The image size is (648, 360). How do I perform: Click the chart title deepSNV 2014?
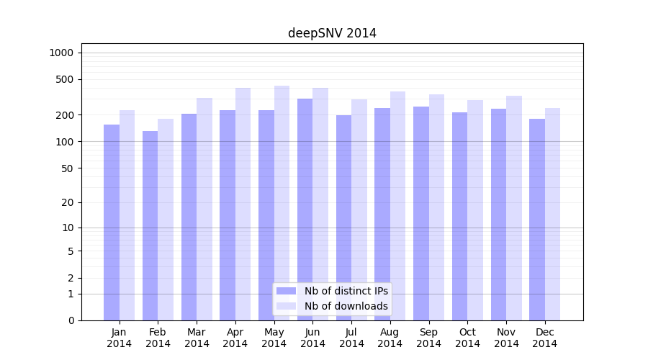pos(332,33)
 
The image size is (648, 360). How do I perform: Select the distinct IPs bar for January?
pos(112,222)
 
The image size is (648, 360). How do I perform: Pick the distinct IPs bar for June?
pos(305,210)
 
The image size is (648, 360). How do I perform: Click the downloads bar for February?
pos(166,220)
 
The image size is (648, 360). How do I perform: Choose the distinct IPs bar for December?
pos(537,220)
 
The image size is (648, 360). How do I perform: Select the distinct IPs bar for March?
pos(189,217)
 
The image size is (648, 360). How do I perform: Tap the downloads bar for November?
pos(514,208)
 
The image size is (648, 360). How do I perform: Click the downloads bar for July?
pos(359,210)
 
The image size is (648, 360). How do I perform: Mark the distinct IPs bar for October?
pos(459,216)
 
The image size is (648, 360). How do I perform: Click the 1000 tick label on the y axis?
pos(61,53)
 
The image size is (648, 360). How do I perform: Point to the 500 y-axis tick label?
pos(64,79)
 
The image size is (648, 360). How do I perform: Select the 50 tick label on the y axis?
pos(67,168)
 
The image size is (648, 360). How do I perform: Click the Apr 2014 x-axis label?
pos(235,338)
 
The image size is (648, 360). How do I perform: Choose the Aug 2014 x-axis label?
pos(390,338)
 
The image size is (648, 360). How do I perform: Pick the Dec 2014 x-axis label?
pos(545,338)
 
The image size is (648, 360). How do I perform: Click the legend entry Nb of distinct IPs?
pos(346,291)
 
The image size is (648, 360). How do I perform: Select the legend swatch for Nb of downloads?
pos(286,306)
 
